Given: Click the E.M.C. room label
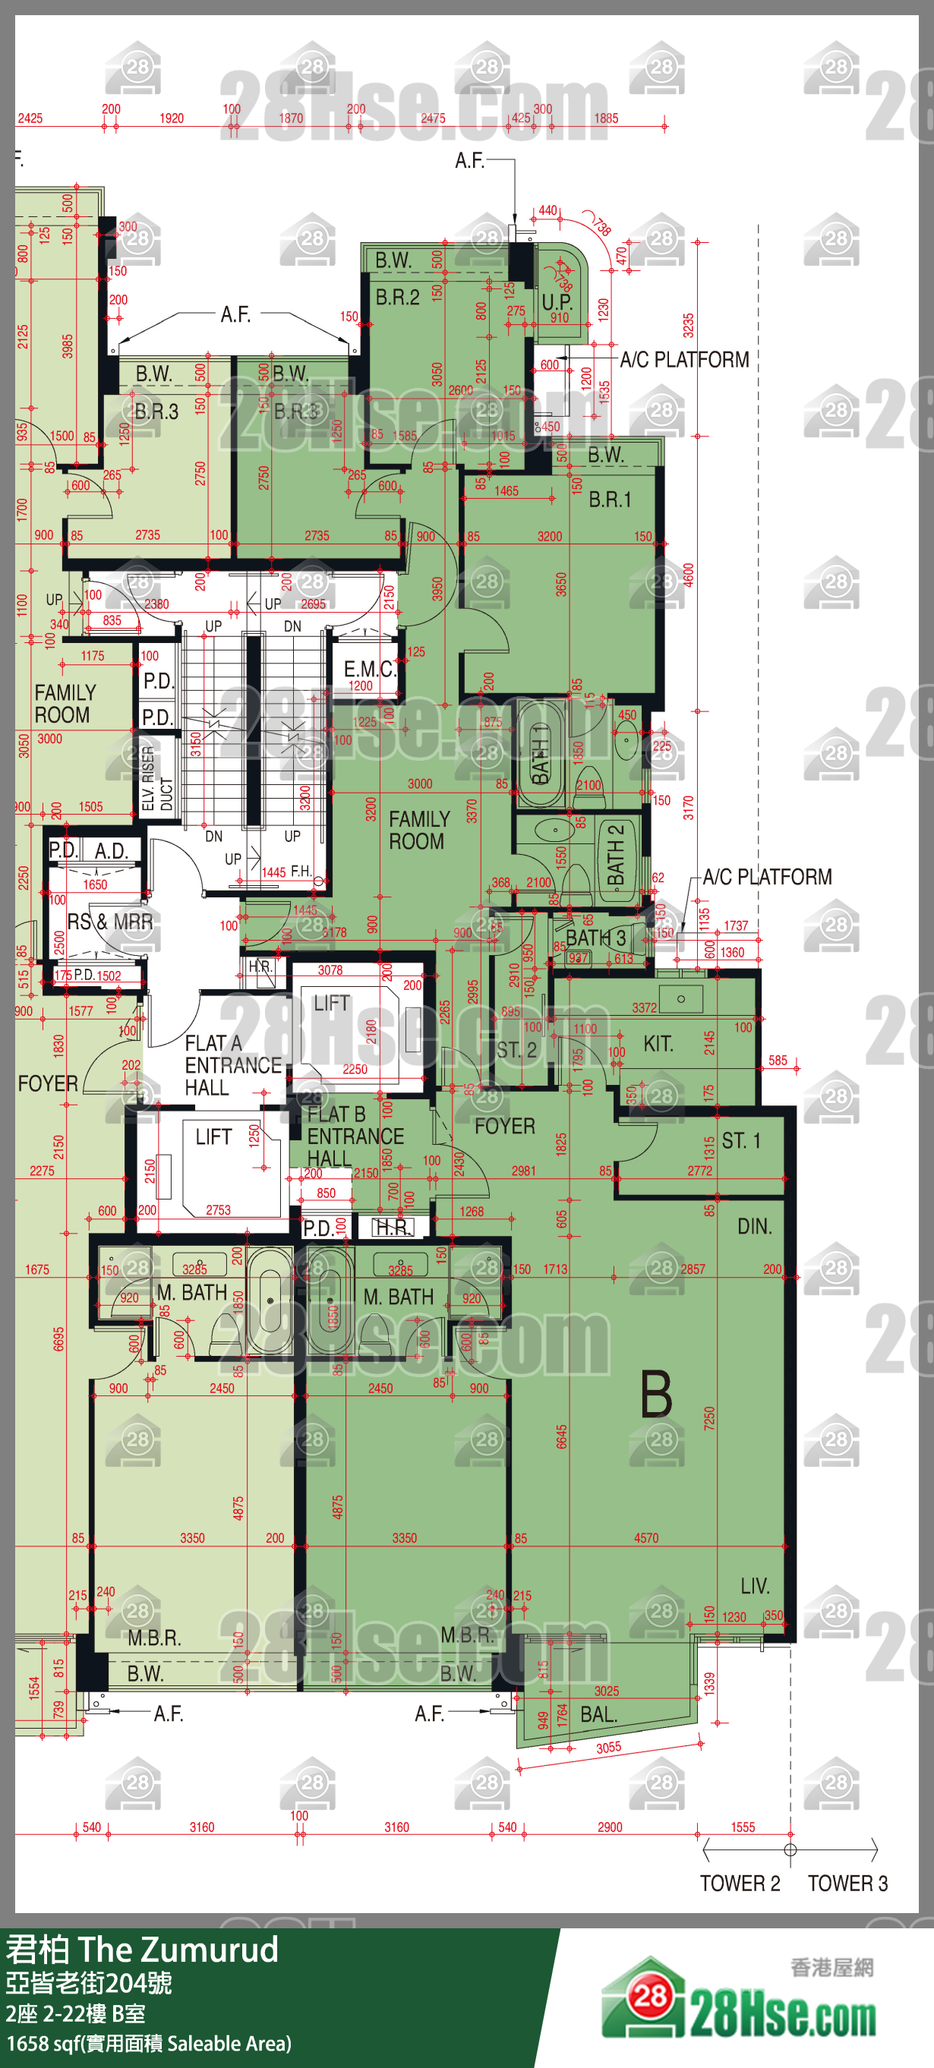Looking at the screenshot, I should (370, 669).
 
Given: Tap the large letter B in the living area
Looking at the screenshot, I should (656, 1395).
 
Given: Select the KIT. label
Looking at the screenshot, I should (658, 1044).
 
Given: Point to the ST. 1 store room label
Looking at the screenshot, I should (740, 1141).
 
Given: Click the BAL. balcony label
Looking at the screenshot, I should (598, 1714).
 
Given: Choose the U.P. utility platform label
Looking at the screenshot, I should (557, 302).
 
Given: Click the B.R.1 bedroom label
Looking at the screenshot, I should (610, 500).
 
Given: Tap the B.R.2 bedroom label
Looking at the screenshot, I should (398, 297).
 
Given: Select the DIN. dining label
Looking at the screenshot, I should (754, 1226).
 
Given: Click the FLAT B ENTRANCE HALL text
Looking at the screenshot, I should (355, 1136).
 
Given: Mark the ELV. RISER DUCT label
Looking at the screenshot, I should (156, 779).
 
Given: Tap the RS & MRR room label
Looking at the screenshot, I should (110, 922).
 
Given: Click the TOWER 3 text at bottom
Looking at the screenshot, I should (847, 1883).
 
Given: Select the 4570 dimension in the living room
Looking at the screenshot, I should (645, 1538).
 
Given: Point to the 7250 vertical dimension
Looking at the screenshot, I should (708, 1417).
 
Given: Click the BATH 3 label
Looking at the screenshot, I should (595, 938).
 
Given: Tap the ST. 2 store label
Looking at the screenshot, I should (516, 1049).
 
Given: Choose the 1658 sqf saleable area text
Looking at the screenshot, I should (149, 2043).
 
